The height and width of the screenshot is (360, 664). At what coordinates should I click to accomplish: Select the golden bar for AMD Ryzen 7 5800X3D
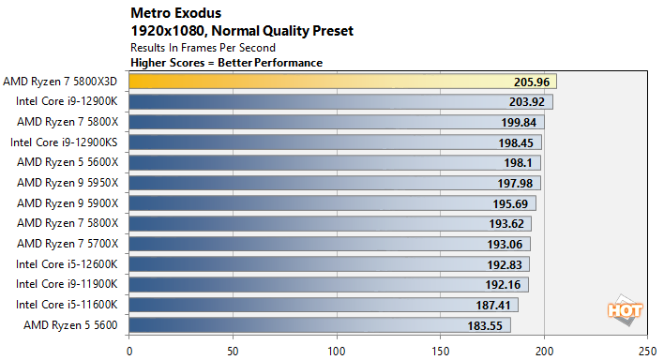(x=338, y=82)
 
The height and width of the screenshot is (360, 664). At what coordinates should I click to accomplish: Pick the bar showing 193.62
(x=309, y=223)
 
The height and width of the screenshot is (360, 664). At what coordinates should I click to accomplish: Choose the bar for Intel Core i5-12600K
(x=309, y=263)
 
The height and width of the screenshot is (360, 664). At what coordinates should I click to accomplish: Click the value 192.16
(x=503, y=283)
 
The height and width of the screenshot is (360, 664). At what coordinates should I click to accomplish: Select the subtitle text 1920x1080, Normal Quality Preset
(x=242, y=31)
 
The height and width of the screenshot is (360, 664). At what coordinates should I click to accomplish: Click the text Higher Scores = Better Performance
(x=226, y=62)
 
